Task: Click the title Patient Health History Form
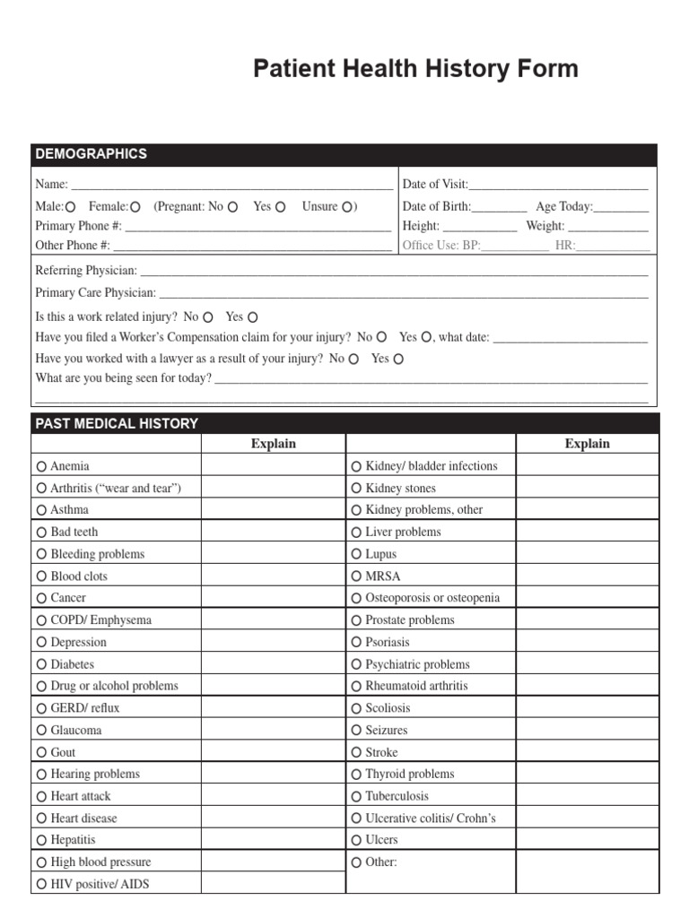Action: (415, 69)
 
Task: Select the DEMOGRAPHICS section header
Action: (91, 154)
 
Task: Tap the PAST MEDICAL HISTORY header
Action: (117, 423)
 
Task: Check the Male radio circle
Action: (70, 207)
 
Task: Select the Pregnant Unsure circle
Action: (345, 207)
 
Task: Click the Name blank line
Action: (231, 186)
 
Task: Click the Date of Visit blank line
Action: (558, 186)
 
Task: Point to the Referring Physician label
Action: (86, 270)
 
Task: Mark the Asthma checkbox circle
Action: (42, 510)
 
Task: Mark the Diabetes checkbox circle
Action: (42, 665)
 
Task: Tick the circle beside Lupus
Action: (356, 555)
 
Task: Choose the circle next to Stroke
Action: (356, 753)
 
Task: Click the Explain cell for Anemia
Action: (273, 466)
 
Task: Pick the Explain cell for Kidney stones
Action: (587, 489)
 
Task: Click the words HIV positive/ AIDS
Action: (100, 884)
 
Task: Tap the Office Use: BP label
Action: (441, 245)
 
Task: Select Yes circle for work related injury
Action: (253, 317)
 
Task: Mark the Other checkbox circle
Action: (356, 862)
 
